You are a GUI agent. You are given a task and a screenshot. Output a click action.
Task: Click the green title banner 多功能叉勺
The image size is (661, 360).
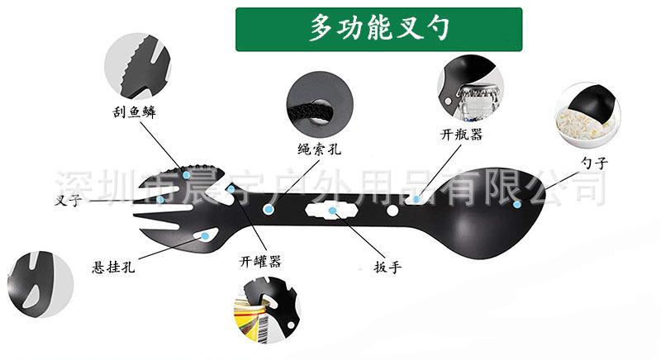pyautogui.click(x=379, y=29)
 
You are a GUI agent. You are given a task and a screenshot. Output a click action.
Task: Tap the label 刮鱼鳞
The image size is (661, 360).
pyautogui.click(x=135, y=112)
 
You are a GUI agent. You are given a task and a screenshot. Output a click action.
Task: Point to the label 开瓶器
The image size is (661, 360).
pyautogui.click(x=461, y=134)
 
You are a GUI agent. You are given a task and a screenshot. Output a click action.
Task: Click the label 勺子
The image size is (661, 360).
pyautogui.click(x=594, y=163)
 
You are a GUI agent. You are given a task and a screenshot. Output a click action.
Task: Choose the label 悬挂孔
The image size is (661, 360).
pyautogui.click(x=114, y=267)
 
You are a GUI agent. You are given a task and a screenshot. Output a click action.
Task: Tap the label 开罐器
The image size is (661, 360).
pyautogui.click(x=261, y=262)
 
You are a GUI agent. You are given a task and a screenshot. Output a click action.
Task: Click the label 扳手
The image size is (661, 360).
pyautogui.click(x=387, y=267)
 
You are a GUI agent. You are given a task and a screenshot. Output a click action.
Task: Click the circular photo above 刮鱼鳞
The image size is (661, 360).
pyautogui.click(x=137, y=66)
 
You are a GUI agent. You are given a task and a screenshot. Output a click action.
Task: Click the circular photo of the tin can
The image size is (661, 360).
pyautogui.click(x=266, y=313)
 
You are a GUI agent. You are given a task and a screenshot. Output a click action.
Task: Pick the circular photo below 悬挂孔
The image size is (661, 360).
pyautogui.click(x=40, y=285)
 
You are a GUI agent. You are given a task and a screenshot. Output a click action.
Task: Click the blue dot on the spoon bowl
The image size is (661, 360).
pyautogui.click(x=516, y=204)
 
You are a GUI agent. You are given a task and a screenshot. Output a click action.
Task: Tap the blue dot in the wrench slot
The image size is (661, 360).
pyautogui.click(x=333, y=211)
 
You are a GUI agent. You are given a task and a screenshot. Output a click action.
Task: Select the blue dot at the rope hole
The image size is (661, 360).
pyautogui.click(x=269, y=210)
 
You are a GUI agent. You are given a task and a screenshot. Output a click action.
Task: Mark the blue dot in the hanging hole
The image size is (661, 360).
pyautogui.click(x=204, y=236)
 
